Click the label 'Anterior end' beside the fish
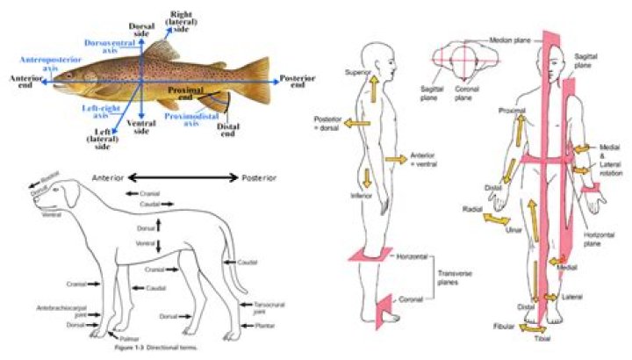tap(26, 80)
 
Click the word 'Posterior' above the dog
tap(262, 177)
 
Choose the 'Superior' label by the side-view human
tap(359, 72)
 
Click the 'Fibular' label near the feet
tap(504, 326)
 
